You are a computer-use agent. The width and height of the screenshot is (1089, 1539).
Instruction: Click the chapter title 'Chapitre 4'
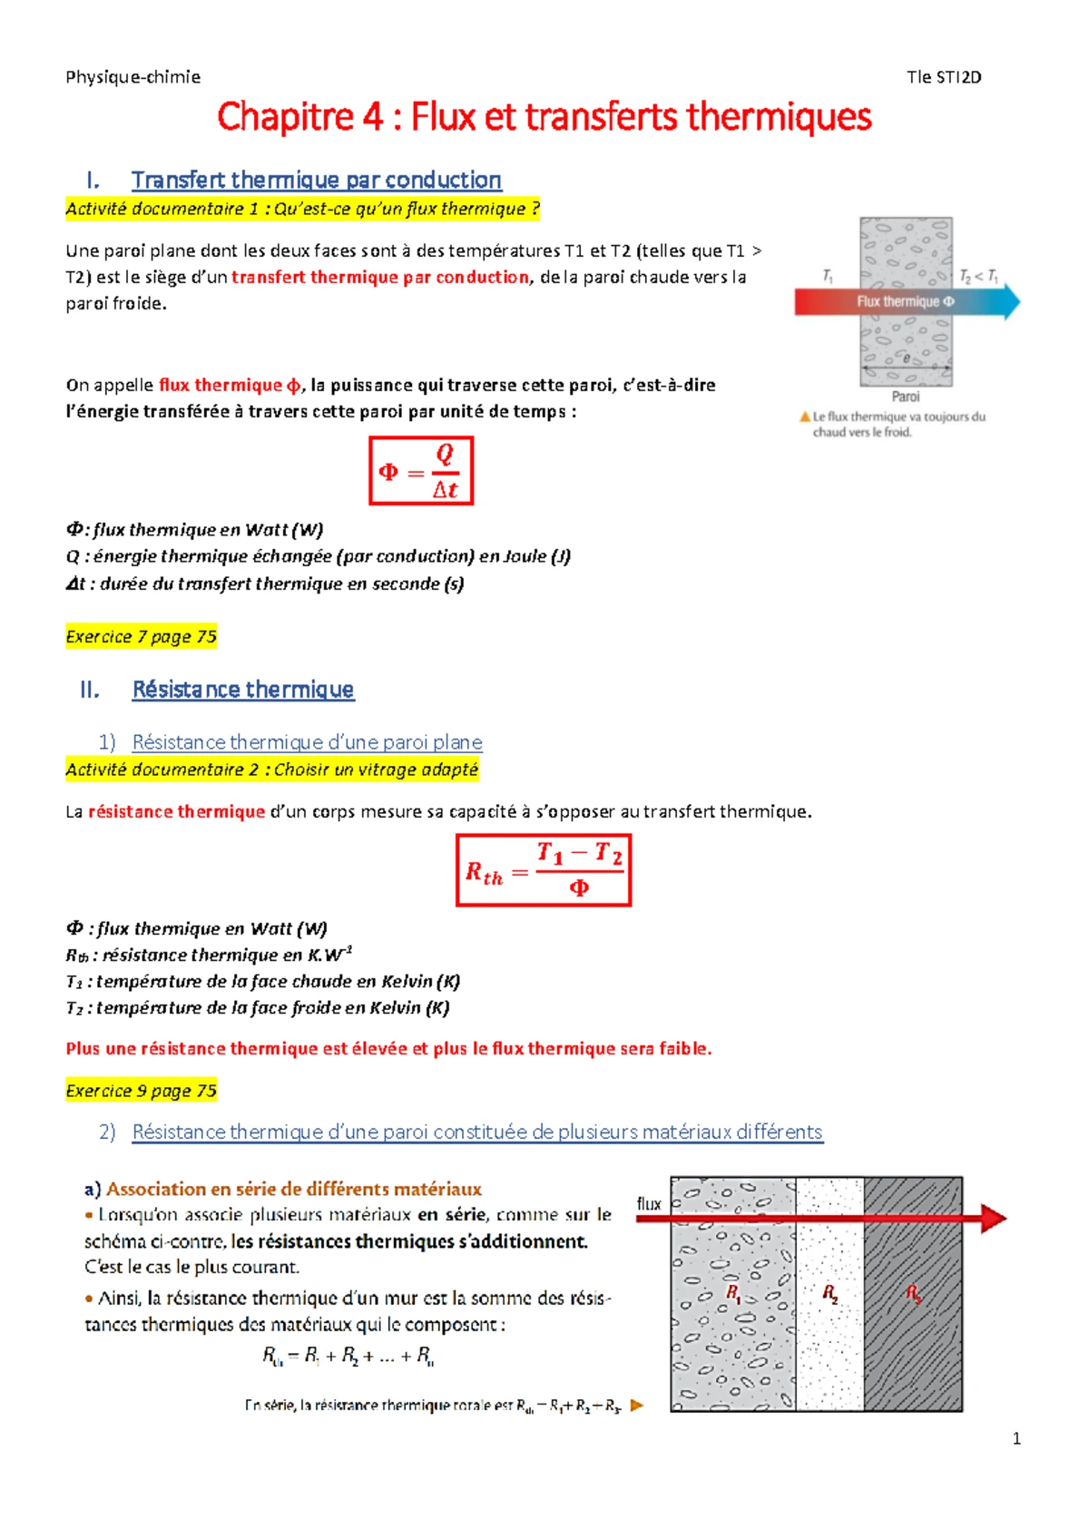(x=299, y=117)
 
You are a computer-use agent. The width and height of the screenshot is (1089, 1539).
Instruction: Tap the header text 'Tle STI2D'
(x=944, y=77)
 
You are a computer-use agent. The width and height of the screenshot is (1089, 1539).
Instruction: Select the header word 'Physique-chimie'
(x=132, y=77)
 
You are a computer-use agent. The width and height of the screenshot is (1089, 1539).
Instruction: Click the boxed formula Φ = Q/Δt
(x=421, y=471)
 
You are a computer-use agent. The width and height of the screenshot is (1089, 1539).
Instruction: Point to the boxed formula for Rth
(x=544, y=870)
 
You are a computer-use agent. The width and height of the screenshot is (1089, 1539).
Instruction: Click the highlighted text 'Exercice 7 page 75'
(x=141, y=637)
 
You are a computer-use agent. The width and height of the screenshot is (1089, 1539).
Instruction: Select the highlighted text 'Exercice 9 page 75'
(x=141, y=1091)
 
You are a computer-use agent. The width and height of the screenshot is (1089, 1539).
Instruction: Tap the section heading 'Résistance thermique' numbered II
(x=242, y=690)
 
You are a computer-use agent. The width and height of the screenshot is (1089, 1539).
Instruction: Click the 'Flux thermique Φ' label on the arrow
(x=905, y=301)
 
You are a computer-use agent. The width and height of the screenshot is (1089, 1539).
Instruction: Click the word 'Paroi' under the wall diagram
(x=905, y=397)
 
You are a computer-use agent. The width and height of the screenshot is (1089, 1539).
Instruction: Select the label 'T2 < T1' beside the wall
(x=979, y=275)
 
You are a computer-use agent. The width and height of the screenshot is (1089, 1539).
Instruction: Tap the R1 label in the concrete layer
(x=733, y=1292)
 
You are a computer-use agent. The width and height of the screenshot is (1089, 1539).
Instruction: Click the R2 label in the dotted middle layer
(x=829, y=1293)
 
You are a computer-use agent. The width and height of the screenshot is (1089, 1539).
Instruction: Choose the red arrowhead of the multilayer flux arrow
(x=994, y=1218)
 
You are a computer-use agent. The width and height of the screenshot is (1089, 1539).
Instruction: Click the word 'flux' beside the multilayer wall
(x=649, y=1203)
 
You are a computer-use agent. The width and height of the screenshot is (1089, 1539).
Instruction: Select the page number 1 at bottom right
(x=1016, y=1438)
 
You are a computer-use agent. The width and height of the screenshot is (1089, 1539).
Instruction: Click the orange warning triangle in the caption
(x=804, y=417)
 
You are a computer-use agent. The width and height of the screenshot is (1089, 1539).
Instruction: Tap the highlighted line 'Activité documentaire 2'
(x=271, y=769)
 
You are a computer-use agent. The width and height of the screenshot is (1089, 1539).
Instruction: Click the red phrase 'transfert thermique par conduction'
(x=379, y=278)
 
